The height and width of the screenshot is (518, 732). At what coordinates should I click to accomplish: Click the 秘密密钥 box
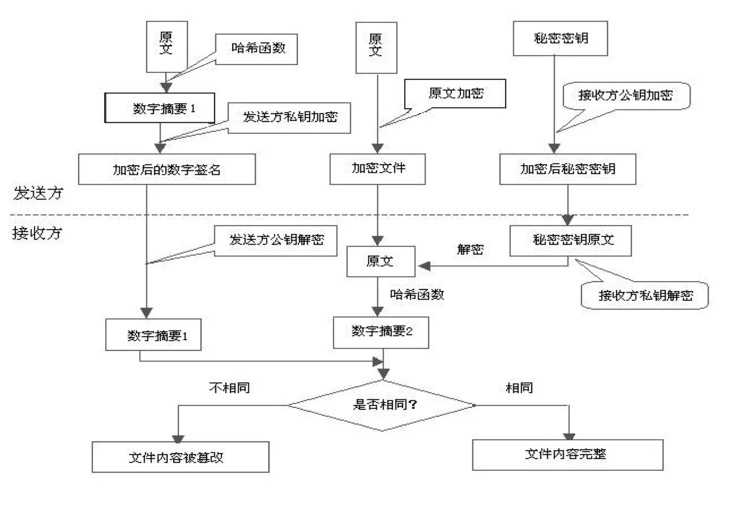click(560, 38)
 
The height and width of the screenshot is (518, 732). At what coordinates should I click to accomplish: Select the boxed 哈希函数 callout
click(257, 49)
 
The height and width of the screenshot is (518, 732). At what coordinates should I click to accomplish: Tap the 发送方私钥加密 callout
click(289, 117)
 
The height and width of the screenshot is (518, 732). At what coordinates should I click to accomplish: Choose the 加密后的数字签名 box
click(167, 170)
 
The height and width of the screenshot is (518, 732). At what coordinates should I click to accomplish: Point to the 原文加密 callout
click(455, 94)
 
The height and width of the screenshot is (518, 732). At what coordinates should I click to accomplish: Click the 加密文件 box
click(377, 169)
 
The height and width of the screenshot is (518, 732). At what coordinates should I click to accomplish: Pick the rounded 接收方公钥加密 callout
click(626, 96)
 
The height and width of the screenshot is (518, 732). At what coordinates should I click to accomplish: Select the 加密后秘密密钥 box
click(567, 169)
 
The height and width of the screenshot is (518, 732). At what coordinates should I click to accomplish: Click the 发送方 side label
click(38, 193)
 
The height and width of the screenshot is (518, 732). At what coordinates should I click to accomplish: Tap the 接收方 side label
click(37, 233)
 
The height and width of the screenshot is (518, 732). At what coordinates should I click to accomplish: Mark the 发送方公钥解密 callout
click(276, 240)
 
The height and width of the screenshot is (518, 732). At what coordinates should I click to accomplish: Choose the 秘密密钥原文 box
click(571, 240)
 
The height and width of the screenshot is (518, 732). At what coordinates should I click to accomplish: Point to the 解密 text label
click(470, 249)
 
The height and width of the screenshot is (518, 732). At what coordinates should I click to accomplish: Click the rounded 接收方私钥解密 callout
click(645, 295)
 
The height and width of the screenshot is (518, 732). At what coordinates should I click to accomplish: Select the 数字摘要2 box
click(381, 332)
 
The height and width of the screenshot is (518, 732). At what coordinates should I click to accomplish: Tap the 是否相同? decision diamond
click(383, 405)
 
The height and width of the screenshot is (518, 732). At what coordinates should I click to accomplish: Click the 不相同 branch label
click(229, 388)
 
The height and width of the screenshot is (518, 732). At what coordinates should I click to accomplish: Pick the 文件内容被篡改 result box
click(180, 457)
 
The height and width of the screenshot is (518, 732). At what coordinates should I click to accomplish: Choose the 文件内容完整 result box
click(567, 455)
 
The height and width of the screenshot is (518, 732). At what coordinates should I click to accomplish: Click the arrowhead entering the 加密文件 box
click(377, 149)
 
